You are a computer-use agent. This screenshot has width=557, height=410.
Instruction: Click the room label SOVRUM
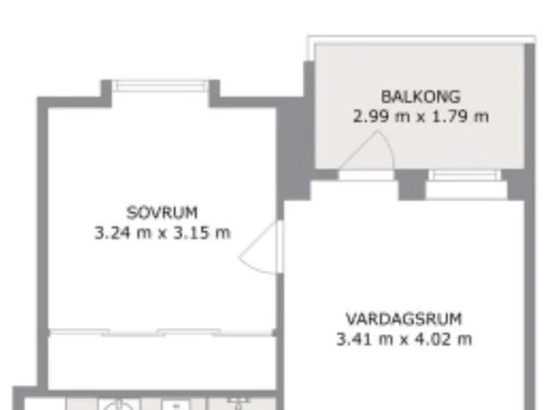coord(162,212)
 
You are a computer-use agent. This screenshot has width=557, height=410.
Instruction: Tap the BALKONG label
coord(421,96)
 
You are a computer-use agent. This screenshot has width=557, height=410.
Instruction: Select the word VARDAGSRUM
coord(404,319)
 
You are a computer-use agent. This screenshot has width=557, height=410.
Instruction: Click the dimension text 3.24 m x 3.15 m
coord(162,233)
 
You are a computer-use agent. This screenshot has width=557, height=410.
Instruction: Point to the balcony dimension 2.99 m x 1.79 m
coord(421,117)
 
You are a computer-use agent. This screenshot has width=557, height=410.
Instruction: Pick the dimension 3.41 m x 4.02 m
coord(404,339)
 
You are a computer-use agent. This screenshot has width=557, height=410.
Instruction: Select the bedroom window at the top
coord(160,86)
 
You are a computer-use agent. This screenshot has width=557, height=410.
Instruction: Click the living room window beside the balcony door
coord(464,176)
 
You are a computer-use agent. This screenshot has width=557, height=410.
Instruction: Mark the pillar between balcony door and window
coord(412,184)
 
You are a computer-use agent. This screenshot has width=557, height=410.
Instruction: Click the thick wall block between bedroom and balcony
coord(295,149)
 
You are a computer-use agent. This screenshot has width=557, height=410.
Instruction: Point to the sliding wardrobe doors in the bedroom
coord(162,332)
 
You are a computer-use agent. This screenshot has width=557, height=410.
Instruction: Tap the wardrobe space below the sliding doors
coord(162,363)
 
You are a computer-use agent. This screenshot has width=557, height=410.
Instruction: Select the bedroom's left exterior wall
coord(43,243)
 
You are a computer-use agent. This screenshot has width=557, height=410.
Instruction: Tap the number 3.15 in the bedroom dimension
coord(188,233)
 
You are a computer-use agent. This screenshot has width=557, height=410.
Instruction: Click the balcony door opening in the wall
coord(366,176)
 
